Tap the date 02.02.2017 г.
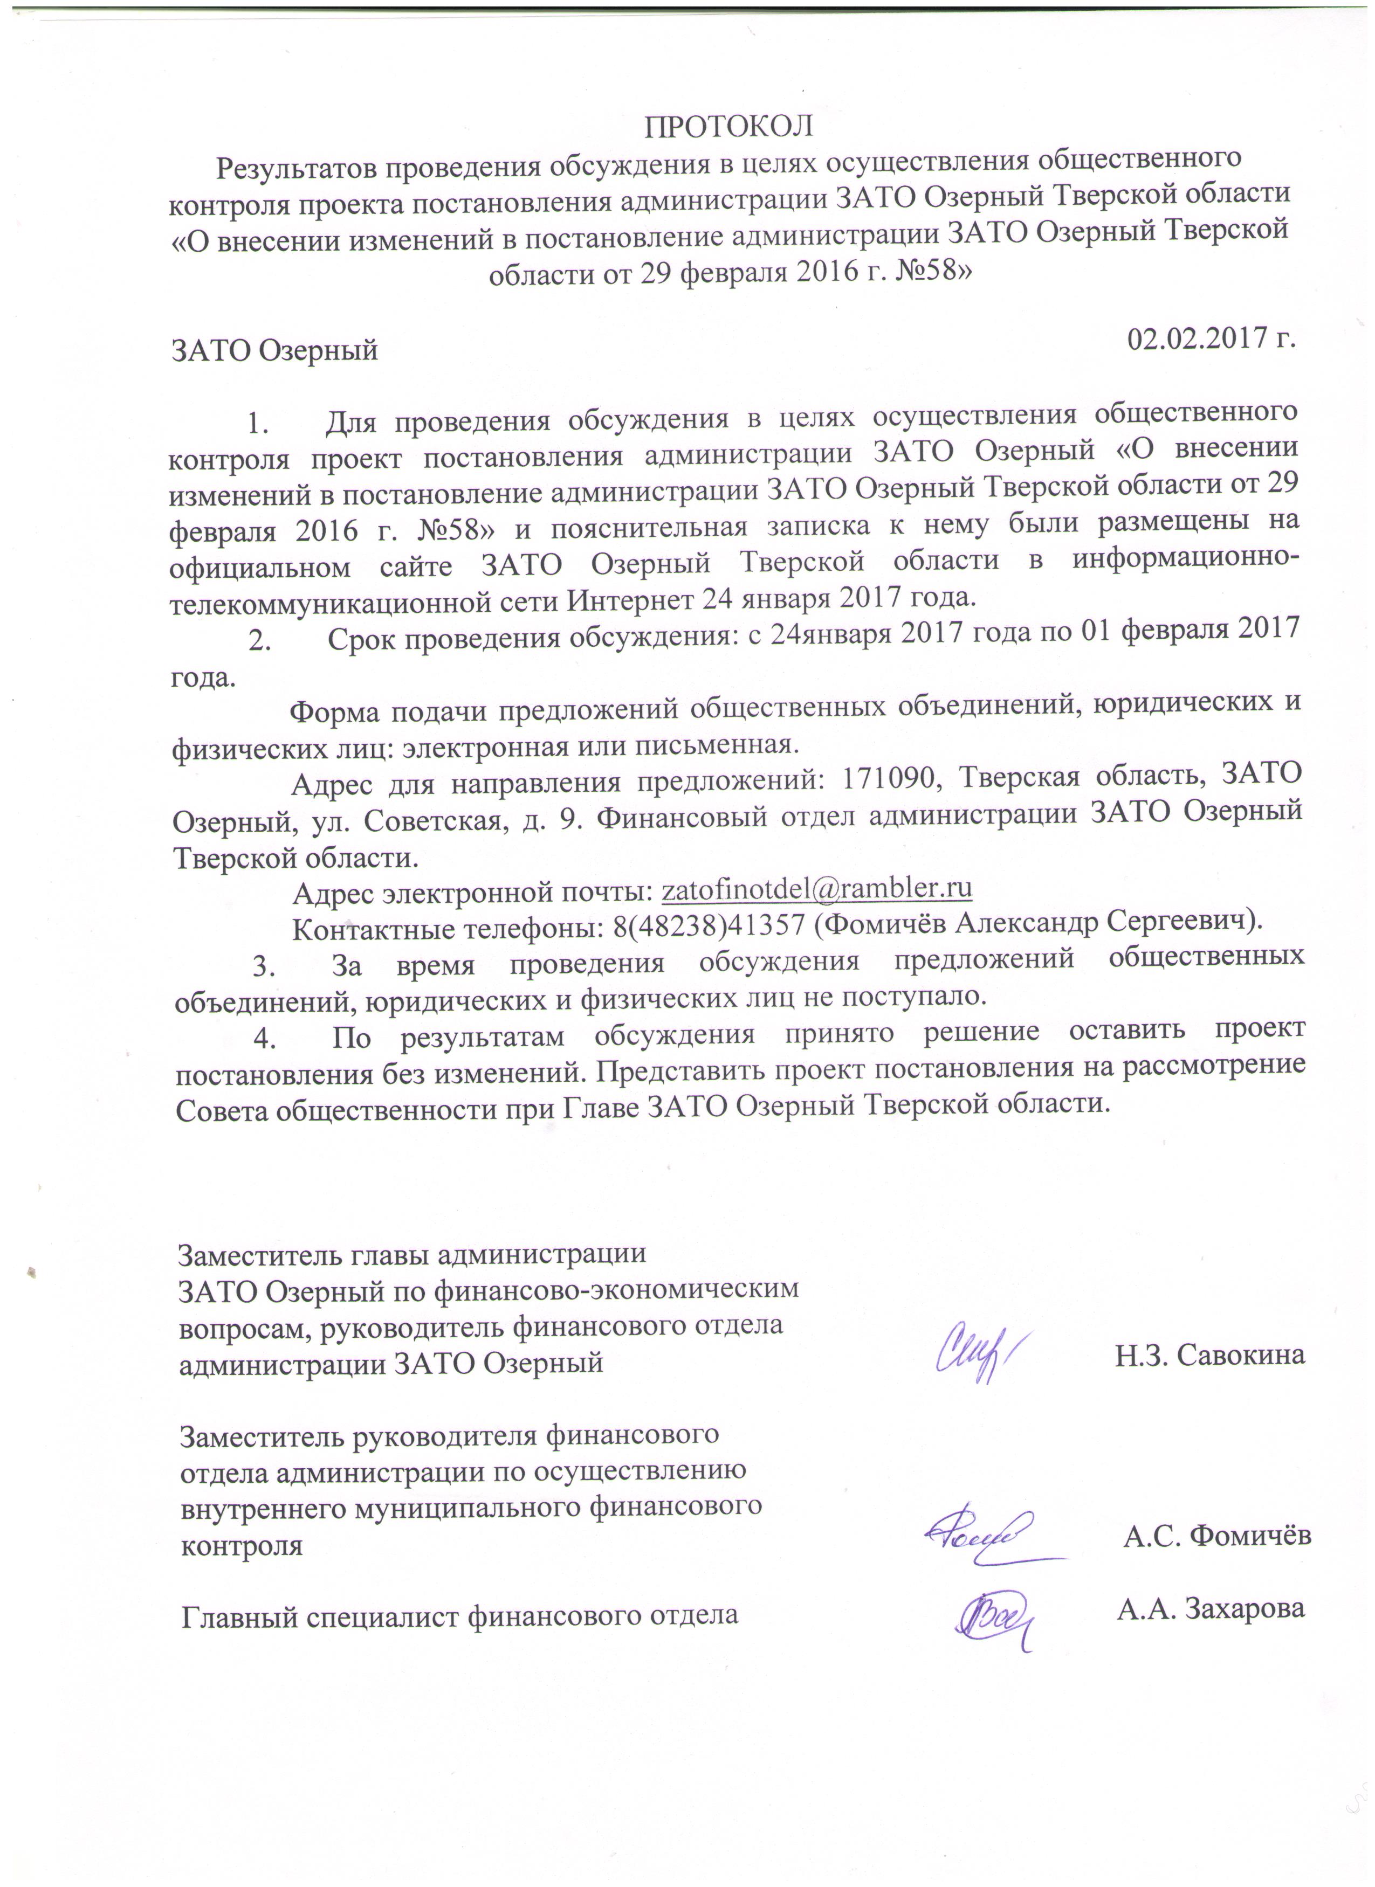point(1212,338)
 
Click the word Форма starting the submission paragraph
point(335,712)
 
